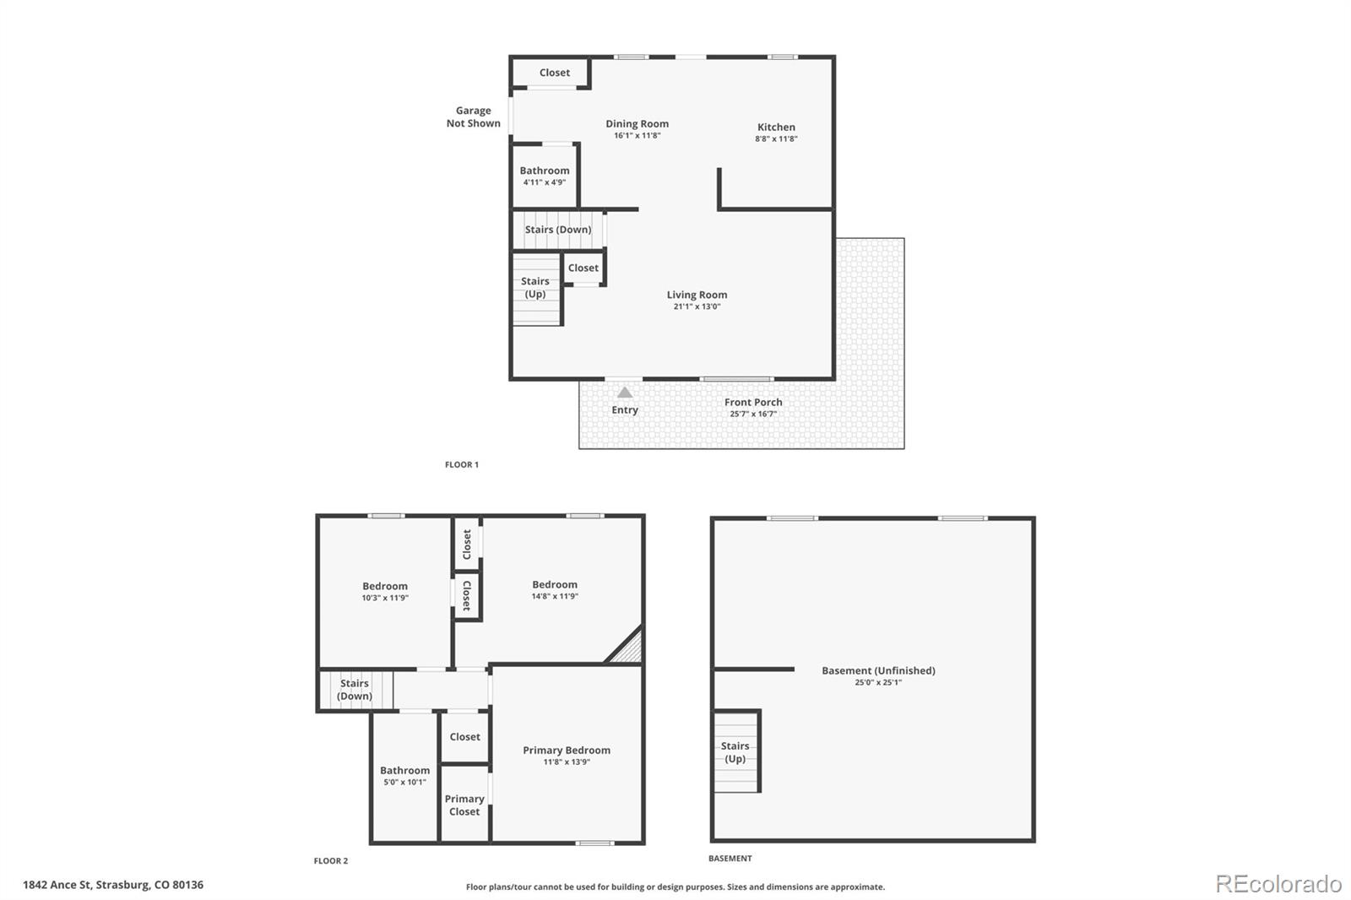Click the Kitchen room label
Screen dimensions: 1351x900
pos(776,127)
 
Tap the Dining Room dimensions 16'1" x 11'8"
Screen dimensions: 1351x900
pos(637,136)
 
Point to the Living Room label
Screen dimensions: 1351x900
pos(697,295)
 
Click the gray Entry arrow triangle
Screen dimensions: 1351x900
pos(625,393)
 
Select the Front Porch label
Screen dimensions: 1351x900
pos(753,403)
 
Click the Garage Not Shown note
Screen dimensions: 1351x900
pos(474,117)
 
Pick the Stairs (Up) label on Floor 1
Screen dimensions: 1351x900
pos(535,288)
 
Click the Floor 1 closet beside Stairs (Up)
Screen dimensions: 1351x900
pos(583,268)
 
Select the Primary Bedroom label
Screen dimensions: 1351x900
pos(567,751)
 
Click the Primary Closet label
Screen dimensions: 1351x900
pos(464,805)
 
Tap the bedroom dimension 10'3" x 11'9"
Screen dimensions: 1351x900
pos(385,598)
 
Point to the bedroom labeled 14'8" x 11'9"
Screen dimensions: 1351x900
pos(555,589)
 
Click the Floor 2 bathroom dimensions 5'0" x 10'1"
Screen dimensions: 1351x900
pos(404,783)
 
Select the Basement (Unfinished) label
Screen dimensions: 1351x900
pos(878,670)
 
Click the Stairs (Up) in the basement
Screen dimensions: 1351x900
pos(735,752)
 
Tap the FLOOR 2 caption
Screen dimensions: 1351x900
pos(330,861)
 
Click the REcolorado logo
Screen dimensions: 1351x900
pos(1278,884)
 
